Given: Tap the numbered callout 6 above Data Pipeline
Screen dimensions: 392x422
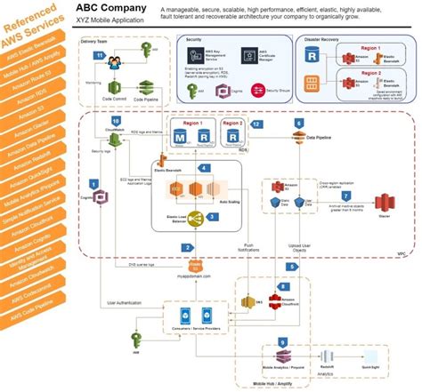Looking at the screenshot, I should point(298,122).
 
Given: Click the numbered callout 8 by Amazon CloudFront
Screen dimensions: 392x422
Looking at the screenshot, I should point(283,287).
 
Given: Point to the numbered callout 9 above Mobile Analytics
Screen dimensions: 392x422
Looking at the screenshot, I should point(282,342).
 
